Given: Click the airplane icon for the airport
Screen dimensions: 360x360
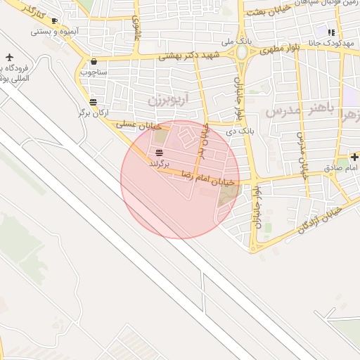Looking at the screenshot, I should coord(8,57).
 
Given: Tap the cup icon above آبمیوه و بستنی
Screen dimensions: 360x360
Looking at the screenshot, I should coord(55,21).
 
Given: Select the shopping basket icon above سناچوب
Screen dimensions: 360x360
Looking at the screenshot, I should coord(94,62).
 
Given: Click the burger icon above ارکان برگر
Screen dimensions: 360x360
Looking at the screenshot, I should coord(93,102).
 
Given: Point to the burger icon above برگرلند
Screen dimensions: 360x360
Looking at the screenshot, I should coord(160,153).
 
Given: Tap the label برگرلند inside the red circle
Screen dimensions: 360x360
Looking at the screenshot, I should coord(160,162).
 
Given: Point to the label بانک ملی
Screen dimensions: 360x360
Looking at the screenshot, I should coord(236,41).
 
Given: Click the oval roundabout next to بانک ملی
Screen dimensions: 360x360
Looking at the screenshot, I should coord(243,53).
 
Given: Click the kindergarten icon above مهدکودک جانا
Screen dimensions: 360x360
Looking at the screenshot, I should coord(330,31).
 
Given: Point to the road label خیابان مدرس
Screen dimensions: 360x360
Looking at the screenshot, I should coord(302,155).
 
